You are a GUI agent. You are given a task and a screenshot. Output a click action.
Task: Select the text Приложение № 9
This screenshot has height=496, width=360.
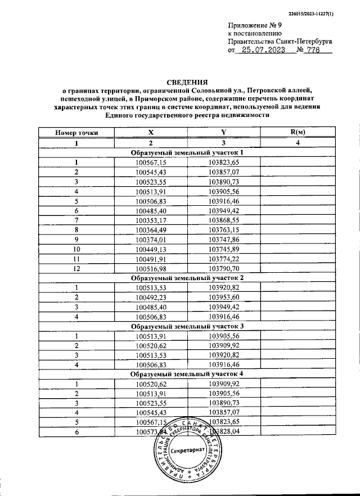(251, 26)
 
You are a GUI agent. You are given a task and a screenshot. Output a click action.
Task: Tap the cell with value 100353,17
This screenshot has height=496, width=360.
(151, 220)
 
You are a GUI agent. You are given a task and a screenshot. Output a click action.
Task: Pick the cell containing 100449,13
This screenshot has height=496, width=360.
(151, 249)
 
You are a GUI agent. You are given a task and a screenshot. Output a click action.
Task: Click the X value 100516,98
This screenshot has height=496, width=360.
(151, 268)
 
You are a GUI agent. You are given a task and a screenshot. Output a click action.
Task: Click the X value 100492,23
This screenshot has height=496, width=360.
(151, 297)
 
